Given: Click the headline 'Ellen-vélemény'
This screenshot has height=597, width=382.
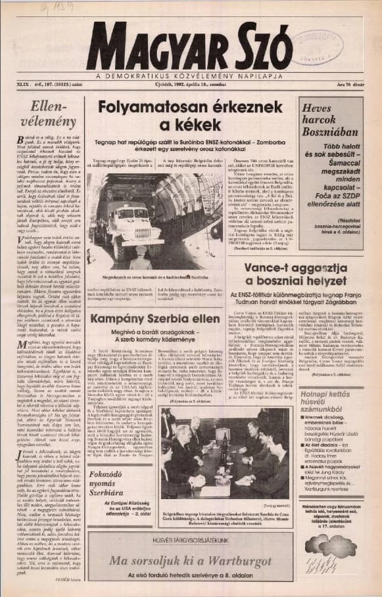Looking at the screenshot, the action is tap(49, 112).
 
